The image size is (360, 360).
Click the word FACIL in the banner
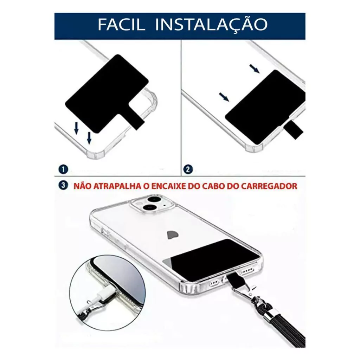pos(121,24)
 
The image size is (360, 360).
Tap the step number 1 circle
pos(63,169)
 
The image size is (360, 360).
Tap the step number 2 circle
pos(188,169)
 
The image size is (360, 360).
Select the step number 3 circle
pos(63,185)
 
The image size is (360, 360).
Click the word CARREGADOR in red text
pos(269,186)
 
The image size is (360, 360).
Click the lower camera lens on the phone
pos(150,208)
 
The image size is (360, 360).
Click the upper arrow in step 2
pos(255,69)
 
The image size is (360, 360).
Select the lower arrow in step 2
pos(224,97)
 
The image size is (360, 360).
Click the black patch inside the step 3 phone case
pos(212,259)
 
